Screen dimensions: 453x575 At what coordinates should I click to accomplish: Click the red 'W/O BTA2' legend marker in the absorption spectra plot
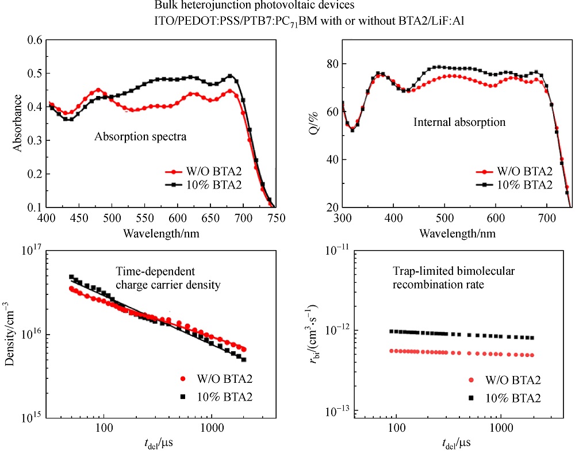pos(170,171)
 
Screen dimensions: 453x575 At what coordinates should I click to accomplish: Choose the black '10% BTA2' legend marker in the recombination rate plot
pos(472,398)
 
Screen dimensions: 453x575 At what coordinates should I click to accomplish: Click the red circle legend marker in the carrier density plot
pos(183,379)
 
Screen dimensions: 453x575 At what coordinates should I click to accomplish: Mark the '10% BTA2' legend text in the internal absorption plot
pos(525,185)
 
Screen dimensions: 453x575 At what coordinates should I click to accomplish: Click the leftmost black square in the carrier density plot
pos(72,277)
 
